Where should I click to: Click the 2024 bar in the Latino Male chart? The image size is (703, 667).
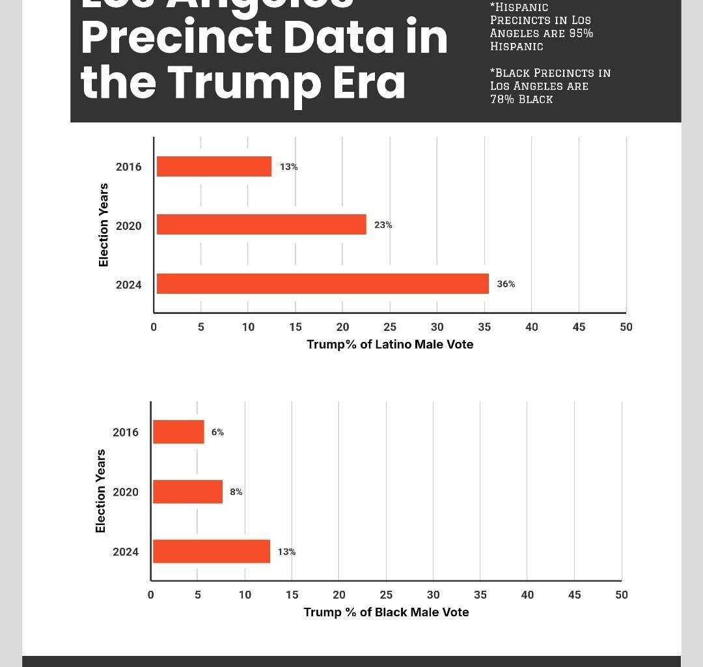pyautogui.click(x=323, y=283)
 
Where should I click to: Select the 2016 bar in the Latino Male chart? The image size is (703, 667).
pyautogui.click(x=214, y=167)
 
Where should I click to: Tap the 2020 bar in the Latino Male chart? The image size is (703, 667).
pyautogui.click(x=262, y=225)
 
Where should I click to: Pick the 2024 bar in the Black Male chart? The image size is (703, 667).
pyautogui.click(x=212, y=551)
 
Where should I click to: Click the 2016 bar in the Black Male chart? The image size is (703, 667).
pyautogui.click(x=178, y=432)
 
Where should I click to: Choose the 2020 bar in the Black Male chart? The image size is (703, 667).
pyautogui.click(x=187, y=492)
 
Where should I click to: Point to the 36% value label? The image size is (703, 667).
pyautogui.click(x=506, y=284)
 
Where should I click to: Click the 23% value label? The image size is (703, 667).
pyautogui.click(x=383, y=225)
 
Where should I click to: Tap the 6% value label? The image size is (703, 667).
pyautogui.click(x=217, y=432)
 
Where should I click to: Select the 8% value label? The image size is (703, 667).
pyautogui.click(x=236, y=492)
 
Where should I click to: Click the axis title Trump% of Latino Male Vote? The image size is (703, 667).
pyautogui.click(x=390, y=344)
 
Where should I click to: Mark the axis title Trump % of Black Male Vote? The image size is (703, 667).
pyautogui.click(x=386, y=612)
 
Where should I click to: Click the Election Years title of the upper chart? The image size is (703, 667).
pyautogui.click(x=103, y=225)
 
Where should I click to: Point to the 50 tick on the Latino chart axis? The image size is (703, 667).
pyautogui.click(x=626, y=327)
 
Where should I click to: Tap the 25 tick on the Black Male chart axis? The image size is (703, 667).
pyautogui.click(x=386, y=594)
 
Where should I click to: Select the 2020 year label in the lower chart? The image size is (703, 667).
pyautogui.click(x=126, y=492)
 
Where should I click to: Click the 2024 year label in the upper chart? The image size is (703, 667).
pyautogui.click(x=128, y=285)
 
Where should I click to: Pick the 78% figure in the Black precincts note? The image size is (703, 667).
pyautogui.click(x=502, y=99)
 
